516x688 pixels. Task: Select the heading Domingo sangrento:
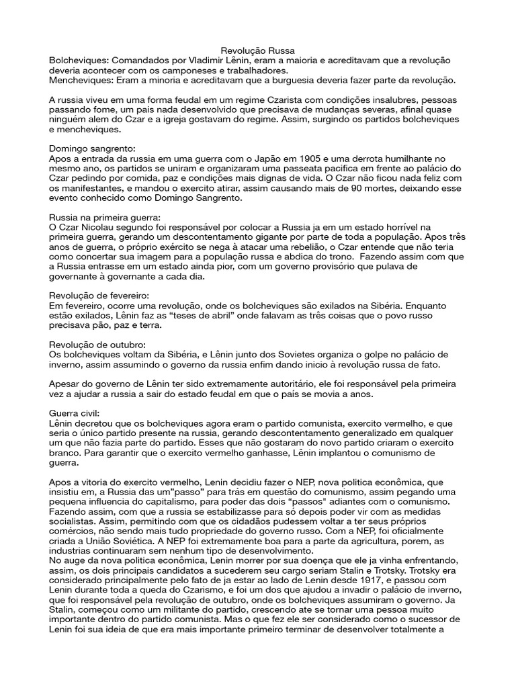click(92, 148)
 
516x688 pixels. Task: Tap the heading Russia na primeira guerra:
click(105, 218)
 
